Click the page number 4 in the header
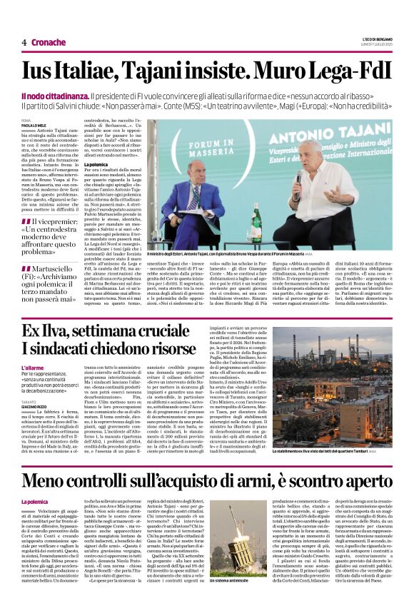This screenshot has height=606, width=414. click(x=24, y=42)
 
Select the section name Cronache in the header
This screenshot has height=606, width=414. click(x=49, y=42)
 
